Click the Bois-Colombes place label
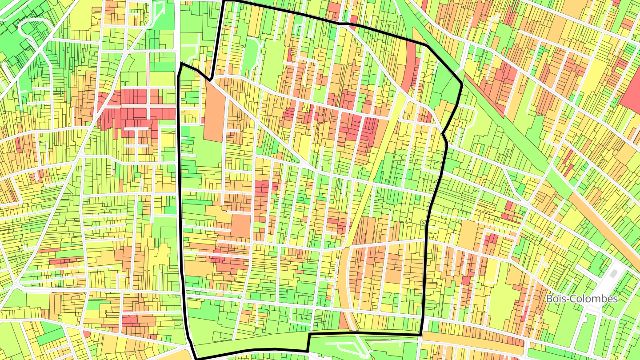coord(582,299)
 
